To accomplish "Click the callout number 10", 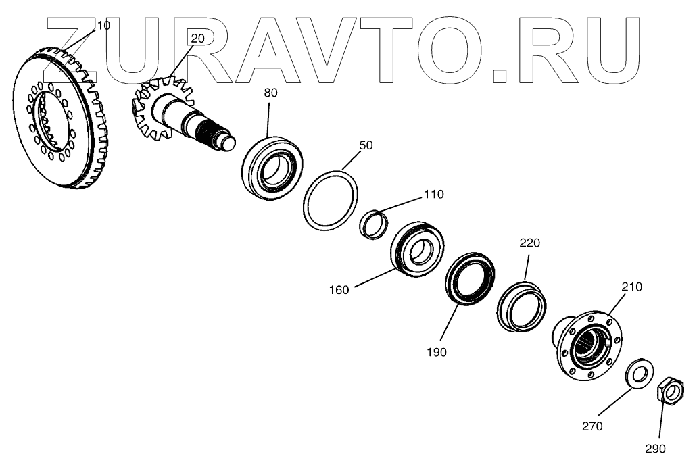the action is click(103, 25).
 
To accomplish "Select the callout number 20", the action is click(197, 39).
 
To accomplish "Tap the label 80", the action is click(270, 93).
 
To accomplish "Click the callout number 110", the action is click(434, 195).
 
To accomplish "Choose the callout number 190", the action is click(437, 352).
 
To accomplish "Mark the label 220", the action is click(529, 243).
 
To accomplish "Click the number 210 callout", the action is click(631, 287).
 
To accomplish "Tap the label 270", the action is click(592, 426).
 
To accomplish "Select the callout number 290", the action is click(655, 448).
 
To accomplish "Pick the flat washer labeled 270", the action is click(636, 372).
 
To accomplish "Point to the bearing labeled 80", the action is click(272, 167).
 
